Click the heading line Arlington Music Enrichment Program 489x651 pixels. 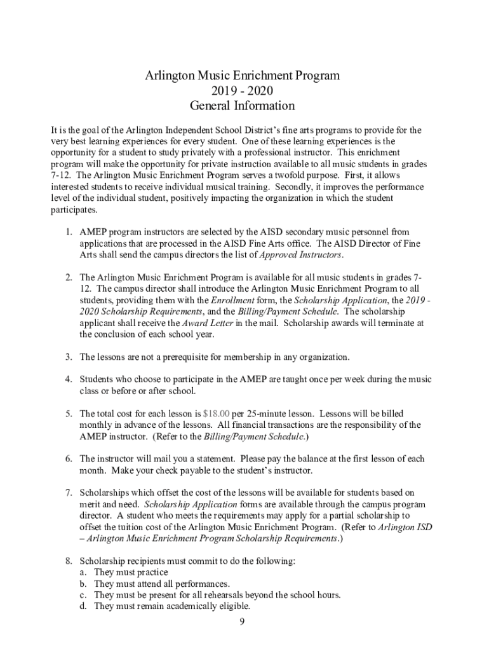[x=243, y=76]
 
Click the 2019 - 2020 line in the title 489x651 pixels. [x=243, y=91]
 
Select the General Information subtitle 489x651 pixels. [x=243, y=106]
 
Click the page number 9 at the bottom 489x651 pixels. [x=242, y=621]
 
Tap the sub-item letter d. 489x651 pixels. [x=83, y=606]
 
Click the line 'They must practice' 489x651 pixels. [x=131, y=572]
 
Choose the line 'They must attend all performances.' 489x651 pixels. [x=162, y=584]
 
